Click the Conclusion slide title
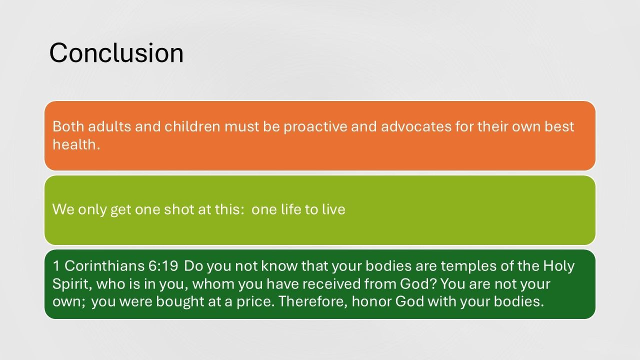coord(116,53)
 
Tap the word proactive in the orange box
coord(315,126)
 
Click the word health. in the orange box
coord(76,144)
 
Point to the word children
coord(192,126)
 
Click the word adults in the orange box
coord(109,126)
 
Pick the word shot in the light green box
coord(179,209)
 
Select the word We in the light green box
coord(63,209)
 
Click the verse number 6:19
coord(163,266)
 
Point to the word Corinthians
coord(104,266)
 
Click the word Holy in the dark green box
coord(558,266)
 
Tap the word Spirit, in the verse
coord(72,284)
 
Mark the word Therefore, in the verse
coord(313,301)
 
